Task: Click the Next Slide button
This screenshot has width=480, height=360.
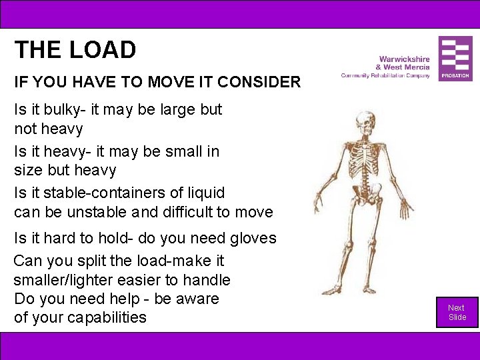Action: click(457, 312)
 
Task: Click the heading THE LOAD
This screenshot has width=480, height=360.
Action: click(75, 50)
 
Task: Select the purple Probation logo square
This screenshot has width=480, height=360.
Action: click(455, 59)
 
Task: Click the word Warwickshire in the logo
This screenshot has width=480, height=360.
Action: click(404, 59)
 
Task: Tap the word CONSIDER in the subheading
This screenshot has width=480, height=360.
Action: click(259, 83)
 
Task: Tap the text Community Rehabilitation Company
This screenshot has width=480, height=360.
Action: click(385, 75)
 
